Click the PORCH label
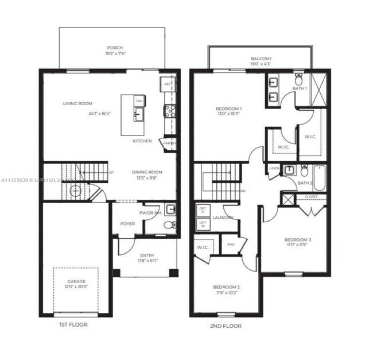[115, 48]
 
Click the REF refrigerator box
[168, 83]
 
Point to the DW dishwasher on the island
[139, 100]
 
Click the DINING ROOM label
[147, 172]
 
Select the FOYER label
[127, 223]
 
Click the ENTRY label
[147, 256]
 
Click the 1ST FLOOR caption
[73, 325]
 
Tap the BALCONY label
[261, 59]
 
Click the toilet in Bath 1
[298, 78]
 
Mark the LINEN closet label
[274, 168]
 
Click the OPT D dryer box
[202, 210]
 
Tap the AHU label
[231, 244]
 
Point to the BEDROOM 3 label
[297, 239]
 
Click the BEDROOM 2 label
[226, 287]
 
